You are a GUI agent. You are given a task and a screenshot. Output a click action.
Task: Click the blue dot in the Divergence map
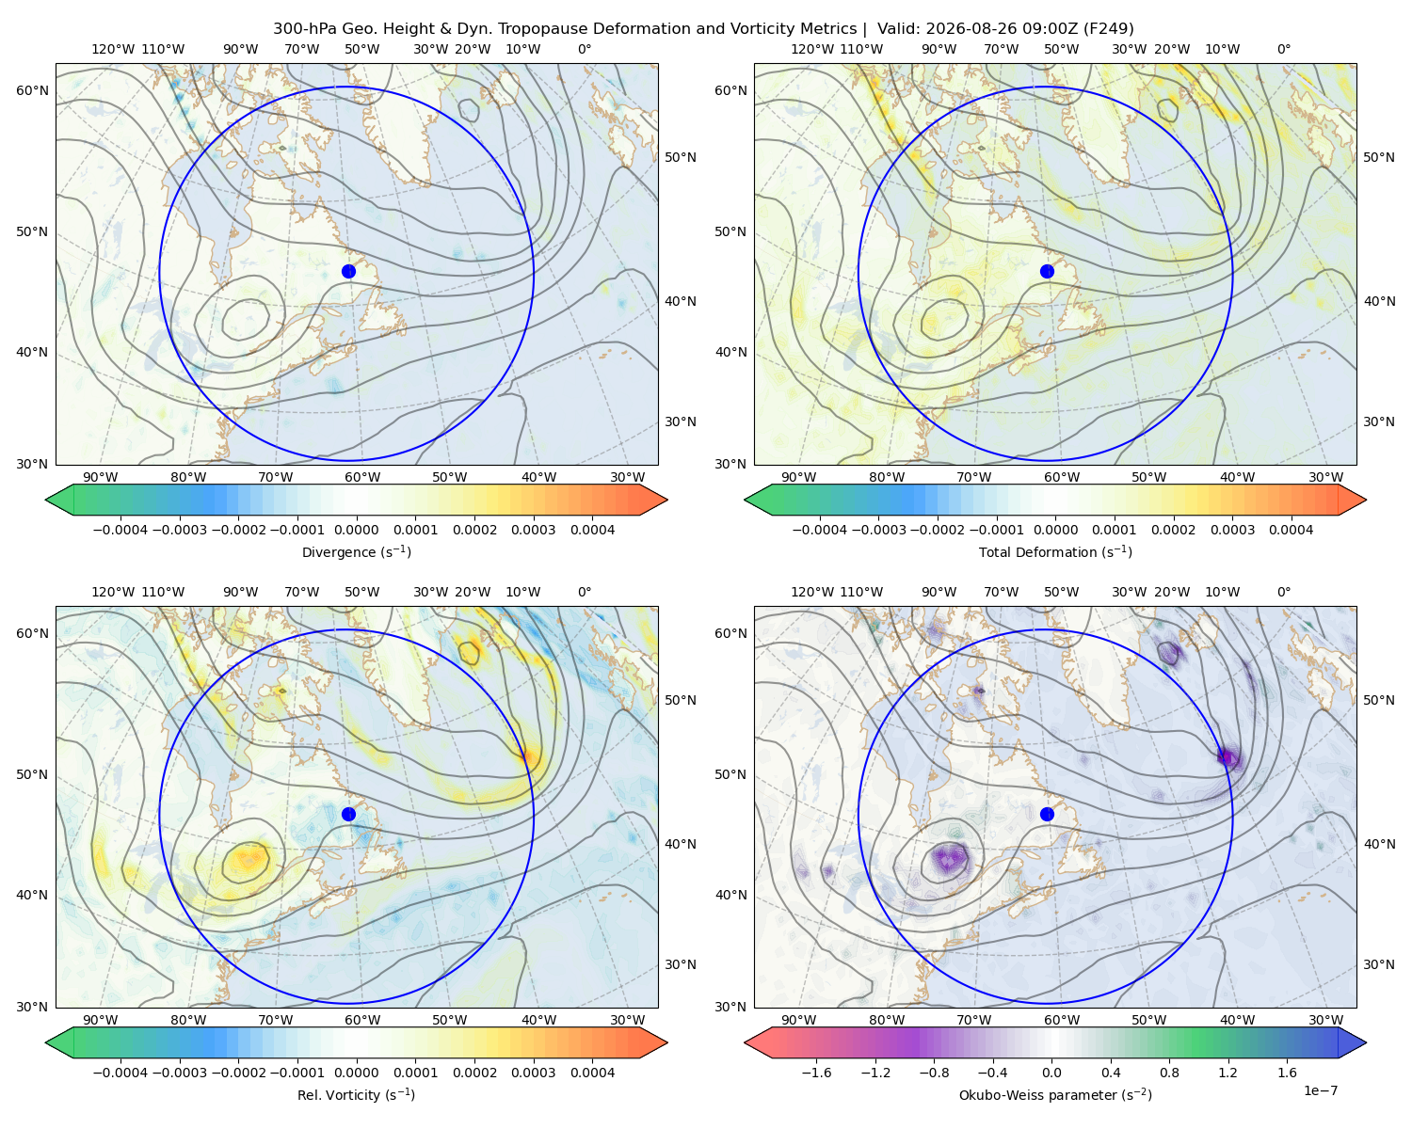348,271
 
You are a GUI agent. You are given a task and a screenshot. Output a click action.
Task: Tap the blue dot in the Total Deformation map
1047,271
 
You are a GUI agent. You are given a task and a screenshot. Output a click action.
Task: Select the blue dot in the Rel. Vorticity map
348,814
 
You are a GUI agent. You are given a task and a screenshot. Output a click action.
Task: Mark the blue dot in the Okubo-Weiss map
1047,814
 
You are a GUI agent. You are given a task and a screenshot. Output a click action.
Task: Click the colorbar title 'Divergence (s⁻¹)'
356,552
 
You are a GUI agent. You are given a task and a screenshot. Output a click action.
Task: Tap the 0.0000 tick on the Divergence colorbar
356,530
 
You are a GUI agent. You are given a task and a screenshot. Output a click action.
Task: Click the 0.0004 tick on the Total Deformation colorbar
1292,530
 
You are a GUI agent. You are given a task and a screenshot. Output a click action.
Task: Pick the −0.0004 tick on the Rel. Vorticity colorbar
120,1073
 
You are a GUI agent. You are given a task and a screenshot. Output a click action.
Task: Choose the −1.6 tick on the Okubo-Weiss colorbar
816,1073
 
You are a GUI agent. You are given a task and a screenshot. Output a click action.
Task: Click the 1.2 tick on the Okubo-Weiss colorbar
1227,1073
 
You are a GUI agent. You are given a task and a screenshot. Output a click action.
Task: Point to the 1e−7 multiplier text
1320,1090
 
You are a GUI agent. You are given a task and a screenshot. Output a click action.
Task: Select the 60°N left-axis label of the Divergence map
32,90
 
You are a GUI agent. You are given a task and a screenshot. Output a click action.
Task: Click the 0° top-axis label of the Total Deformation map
1283,49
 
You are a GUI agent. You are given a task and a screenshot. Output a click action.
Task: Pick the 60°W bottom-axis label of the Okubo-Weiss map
1062,1020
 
